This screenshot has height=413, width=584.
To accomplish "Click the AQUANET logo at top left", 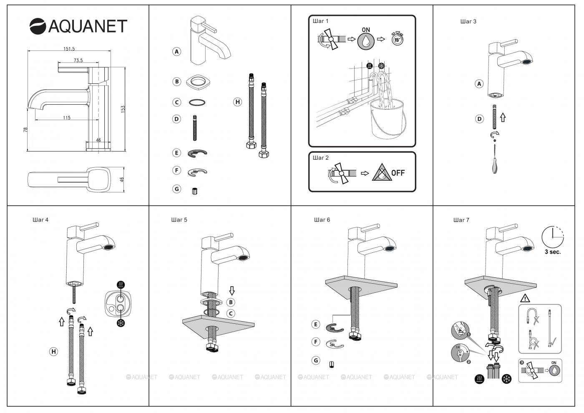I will coord(78,26).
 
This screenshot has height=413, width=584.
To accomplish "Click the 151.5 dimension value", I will coord(69,49).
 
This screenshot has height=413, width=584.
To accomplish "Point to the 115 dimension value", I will coord(67,118).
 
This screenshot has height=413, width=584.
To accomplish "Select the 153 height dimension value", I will coord(123,108).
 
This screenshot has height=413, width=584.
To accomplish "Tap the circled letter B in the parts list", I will coord(177,81).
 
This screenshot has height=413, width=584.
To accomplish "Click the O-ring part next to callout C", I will coord(197,102).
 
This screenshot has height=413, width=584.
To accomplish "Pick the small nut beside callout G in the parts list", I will coord(194,191).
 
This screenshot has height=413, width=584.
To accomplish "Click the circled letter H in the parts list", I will coord(237,102).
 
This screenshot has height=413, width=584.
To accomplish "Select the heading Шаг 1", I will coord(321,21).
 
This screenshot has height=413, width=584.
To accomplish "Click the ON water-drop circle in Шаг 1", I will coord(366,40).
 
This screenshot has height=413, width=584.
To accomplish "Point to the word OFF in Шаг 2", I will coord(398,173).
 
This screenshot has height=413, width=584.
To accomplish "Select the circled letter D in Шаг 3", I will coord(479,119).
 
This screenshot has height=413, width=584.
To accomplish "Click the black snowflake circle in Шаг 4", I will coord(121,323).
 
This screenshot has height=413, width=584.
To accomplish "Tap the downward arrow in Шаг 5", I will coord(232,290).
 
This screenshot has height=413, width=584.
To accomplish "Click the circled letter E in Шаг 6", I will coord(316,324).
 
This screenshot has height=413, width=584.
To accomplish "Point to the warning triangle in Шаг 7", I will coord(525,298).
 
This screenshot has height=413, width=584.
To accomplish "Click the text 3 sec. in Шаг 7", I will coord(553,252).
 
